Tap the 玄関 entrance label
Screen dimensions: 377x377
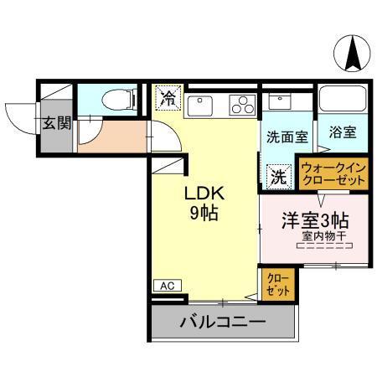click(x=57, y=124)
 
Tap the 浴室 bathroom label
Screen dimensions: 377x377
click(x=343, y=132)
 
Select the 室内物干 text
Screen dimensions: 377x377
click(x=323, y=237)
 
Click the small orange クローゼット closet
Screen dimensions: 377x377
click(x=277, y=284)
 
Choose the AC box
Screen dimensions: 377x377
click(x=167, y=287)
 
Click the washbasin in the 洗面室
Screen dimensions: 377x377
click(x=276, y=102)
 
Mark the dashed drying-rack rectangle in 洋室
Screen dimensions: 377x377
click(x=323, y=246)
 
